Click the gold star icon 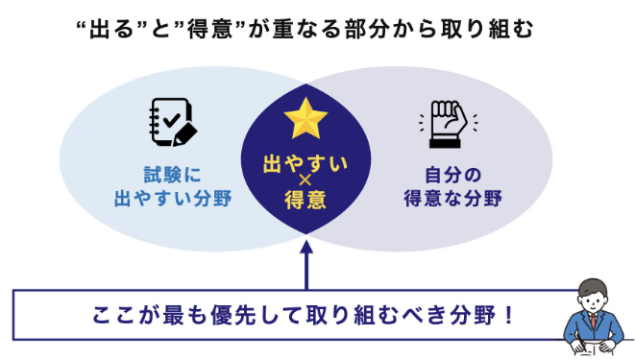(x=305, y=119)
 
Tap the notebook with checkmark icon (x=173, y=123)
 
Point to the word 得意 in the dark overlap (x=305, y=203)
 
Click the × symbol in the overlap (x=305, y=182)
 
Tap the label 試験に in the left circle (x=173, y=175)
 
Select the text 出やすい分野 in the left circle (x=173, y=202)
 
